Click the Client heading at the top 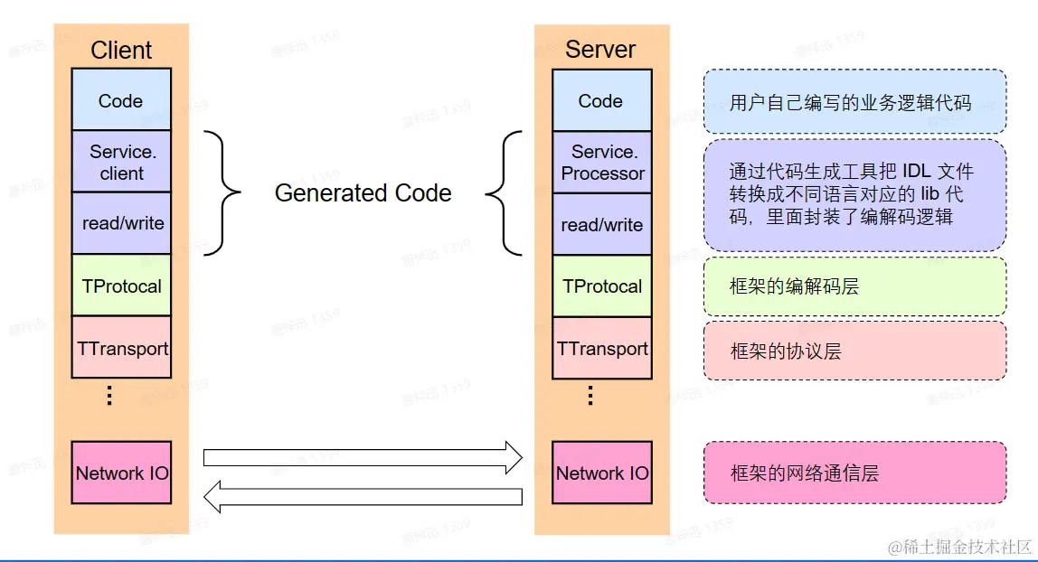tap(121, 51)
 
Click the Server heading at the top tap(600, 50)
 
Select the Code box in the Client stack tap(121, 100)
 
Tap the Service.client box tap(121, 162)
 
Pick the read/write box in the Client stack tap(121, 223)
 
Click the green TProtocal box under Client tap(121, 286)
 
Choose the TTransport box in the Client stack tap(121, 348)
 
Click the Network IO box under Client tap(121, 473)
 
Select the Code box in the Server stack tap(601, 100)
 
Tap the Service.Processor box tap(602, 163)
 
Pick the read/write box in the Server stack tap(602, 224)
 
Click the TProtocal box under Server tap(602, 286)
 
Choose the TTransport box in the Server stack tap(602, 348)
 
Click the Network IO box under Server tap(602, 473)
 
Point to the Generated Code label tap(363, 193)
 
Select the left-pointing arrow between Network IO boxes tap(363, 496)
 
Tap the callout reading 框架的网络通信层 tap(854, 473)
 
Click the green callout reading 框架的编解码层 tap(854, 286)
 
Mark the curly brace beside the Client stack tap(222, 192)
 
